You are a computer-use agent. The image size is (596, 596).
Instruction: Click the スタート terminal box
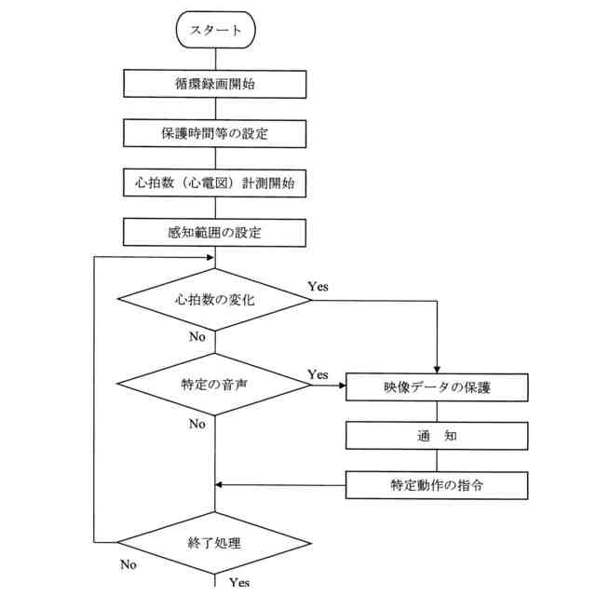pyautogui.click(x=215, y=30)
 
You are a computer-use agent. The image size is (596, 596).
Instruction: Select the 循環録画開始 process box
pyautogui.click(x=215, y=84)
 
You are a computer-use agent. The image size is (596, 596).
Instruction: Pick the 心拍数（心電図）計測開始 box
pyautogui.click(x=215, y=183)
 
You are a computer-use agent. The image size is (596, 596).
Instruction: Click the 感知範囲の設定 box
pyautogui.click(x=215, y=232)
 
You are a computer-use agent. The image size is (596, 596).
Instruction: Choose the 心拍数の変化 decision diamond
pyautogui.click(x=215, y=300)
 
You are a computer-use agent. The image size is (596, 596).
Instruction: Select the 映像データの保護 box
pyautogui.click(x=437, y=386)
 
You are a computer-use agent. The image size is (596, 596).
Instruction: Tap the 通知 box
pyautogui.click(x=437, y=436)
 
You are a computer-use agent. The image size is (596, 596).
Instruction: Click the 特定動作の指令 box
pyautogui.click(x=437, y=485)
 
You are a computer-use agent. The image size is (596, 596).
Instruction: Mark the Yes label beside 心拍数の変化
pyautogui.click(x=318, y=287)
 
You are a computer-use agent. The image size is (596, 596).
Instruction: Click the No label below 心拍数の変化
pyautogui.click(x=196, y=337)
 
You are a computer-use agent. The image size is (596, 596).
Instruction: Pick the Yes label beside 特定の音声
pyautogui.click(x=318, y=374)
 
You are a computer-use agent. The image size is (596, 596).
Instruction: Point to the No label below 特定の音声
pyautogui.click(x=196, y=425)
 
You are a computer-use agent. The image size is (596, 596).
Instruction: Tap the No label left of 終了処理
pyautogui.click(x=129, y=564)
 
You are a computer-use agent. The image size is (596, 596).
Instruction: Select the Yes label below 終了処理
pyautogui.click(x=238, y=583)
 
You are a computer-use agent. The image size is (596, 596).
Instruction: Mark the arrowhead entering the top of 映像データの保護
pyautogui.click(x=437, y=367)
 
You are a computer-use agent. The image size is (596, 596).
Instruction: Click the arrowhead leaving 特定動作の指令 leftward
pyautogui.click(x=221, y=485)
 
